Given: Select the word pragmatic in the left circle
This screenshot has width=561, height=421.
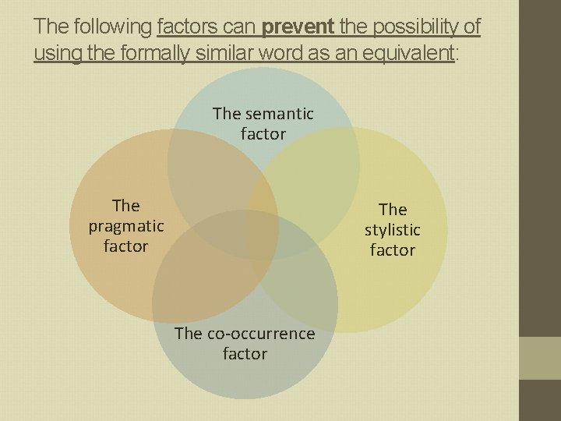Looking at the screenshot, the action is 126,226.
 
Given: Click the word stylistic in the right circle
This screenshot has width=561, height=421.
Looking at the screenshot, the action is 393,230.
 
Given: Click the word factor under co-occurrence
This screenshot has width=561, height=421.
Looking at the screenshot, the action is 245,354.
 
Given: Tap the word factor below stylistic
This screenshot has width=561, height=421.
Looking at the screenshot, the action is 393,250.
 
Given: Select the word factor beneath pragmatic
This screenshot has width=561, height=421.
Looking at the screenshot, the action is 125,246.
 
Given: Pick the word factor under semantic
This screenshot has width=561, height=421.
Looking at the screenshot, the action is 263,134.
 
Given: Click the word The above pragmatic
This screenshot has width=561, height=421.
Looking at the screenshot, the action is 126,206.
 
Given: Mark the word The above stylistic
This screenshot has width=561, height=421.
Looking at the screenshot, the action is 393,210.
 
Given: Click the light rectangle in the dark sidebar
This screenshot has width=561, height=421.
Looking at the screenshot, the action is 542,358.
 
